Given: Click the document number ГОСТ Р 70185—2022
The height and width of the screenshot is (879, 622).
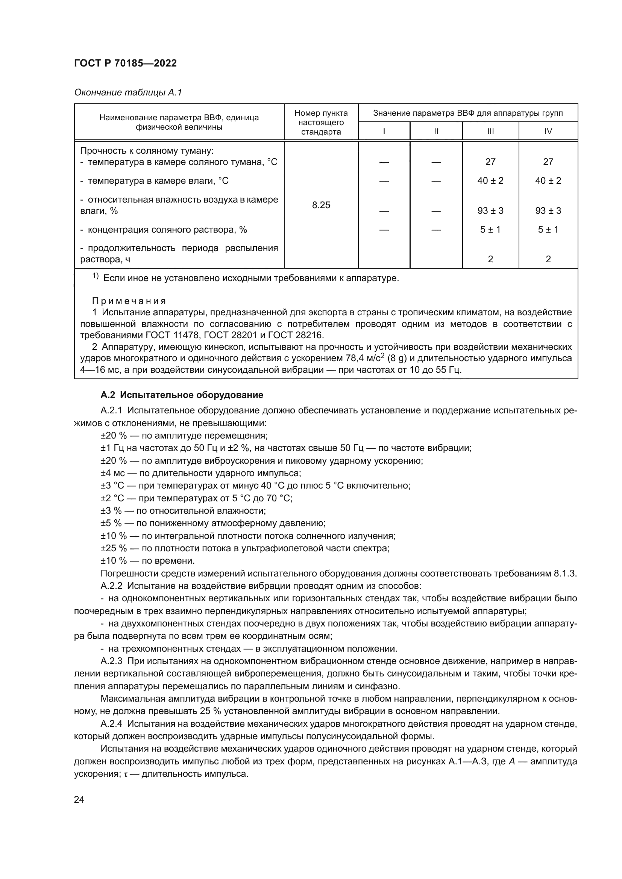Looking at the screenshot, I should coord(125,64).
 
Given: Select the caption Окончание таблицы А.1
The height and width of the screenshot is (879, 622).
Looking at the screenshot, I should coord(128,92).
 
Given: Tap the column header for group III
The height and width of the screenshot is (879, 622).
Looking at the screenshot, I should coord(490,131).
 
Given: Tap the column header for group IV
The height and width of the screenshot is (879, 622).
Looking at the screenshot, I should coord(548,131).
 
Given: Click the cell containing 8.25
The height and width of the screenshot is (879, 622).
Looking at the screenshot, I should coord(321,205).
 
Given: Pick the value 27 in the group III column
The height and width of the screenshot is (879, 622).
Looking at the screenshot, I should coord(490,162).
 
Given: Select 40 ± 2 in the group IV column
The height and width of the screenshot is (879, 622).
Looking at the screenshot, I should coord(548,181).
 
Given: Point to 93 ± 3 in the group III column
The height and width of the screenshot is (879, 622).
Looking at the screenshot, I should coord(490,210).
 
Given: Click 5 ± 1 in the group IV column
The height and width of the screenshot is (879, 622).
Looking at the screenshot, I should coord(548,230).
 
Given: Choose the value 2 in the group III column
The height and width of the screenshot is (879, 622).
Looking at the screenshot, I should coord(490,259).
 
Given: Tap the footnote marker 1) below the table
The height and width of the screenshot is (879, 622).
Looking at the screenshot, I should coord(96,277).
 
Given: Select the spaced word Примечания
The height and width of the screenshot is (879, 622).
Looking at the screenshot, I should coord(129,301).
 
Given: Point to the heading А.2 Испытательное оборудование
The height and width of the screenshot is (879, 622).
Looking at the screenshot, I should coord(182,395).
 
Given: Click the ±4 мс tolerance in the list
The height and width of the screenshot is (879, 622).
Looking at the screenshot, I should coord(111,473).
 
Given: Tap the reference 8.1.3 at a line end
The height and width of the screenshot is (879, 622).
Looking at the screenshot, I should coord(564,573).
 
